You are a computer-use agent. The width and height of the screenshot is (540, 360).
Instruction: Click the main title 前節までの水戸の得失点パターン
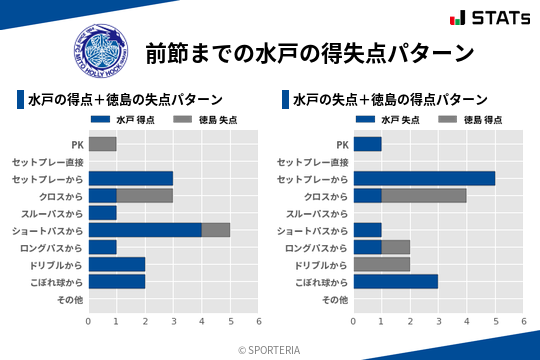(x=309, y=51)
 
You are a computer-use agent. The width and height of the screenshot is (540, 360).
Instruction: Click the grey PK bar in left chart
(x=102, y=144)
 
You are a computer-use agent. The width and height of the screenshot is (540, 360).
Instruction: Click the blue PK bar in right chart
(x=367, y=144)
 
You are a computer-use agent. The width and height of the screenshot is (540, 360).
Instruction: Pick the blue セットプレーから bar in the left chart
(x=130, y=178)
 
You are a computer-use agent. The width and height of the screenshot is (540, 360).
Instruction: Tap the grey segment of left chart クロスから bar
(x=144, y=195)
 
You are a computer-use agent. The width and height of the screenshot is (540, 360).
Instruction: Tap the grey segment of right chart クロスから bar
(x=424, y=195)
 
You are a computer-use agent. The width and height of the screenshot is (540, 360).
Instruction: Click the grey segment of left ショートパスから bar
(x=216, y=230)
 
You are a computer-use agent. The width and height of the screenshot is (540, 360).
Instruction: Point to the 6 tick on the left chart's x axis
(x=258, y=321)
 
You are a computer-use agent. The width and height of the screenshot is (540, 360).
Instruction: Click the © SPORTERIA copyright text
(x=270, y=349)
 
